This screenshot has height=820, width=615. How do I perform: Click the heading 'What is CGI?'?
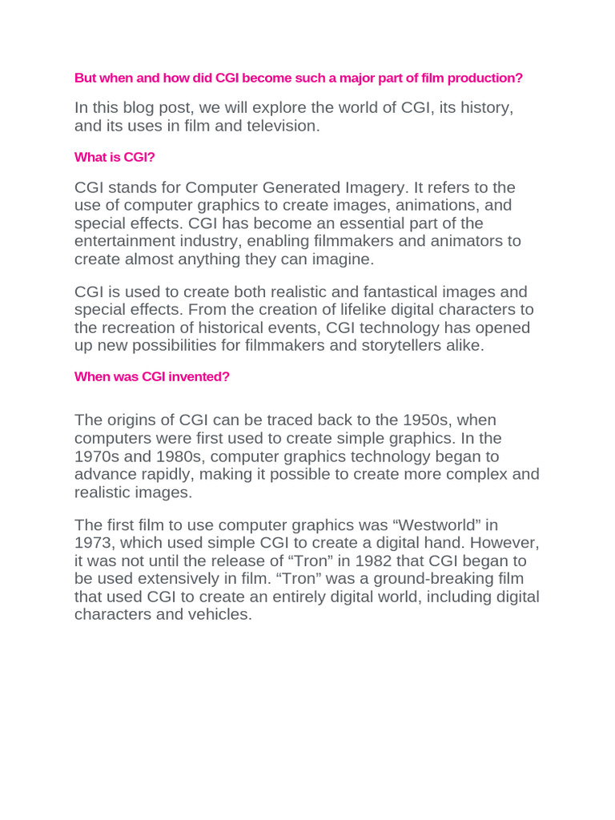pyautogui.click(x=115, y=157)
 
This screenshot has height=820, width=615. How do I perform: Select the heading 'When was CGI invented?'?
pyautogui.click(x=152, y=376)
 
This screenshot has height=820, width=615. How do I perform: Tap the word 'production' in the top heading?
pyautogui.click(x=485, y=78)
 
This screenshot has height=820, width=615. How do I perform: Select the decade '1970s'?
pyautogui.click(x=97, y=456)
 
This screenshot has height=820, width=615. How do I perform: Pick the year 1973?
pyautogui.click(x=94, y=544)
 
